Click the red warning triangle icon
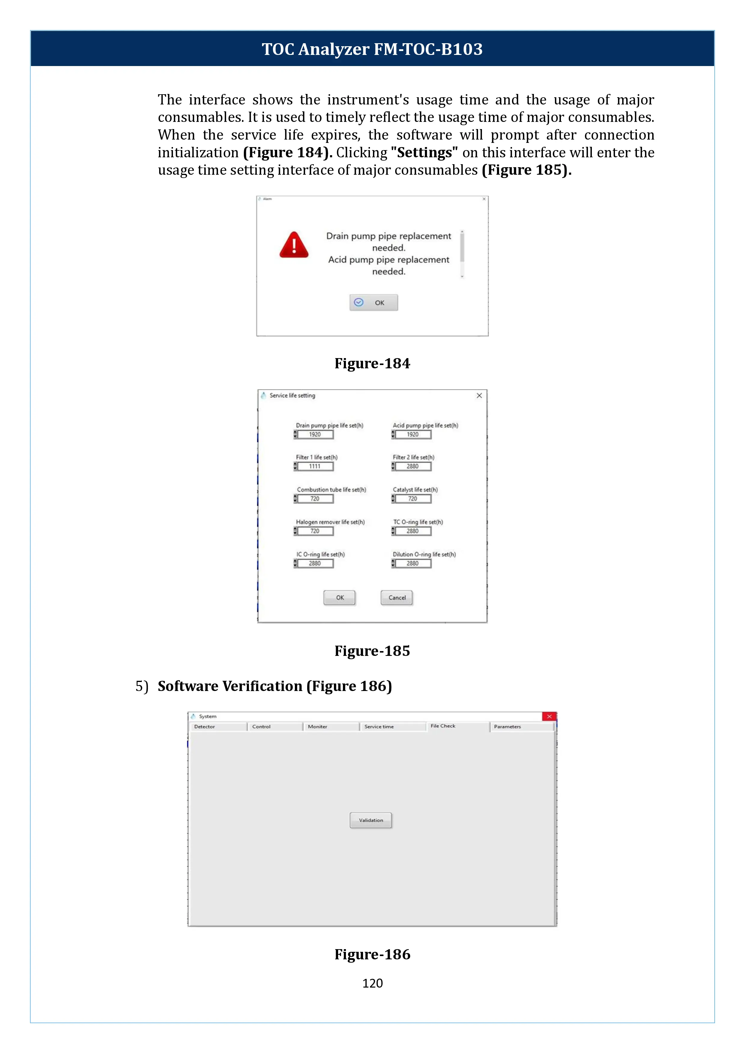pyautogui.click(x=294, y=245)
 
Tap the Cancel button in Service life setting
pyautogui.click(x=397, y=598)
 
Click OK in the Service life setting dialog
pyautogui.click(x=340, y=598)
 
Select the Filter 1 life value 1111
pyautogui.click(x=315, y=466)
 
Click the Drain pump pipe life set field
pyautogui.click(x=315, y=434)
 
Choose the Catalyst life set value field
pyautogui.click(x=413, y=499)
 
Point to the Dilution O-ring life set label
pyautogui.click(x=424, y=554)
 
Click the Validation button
pyautogui.click(x=371, y=820)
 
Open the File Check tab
pyautogui.click(x=443, y=726)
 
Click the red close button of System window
pyautogui.click(x=549, y=717)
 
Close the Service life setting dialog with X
pyautogui.click(x=479, y=395)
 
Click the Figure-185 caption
pyautogui.click(x=372, y=651)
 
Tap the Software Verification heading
pyautogui.click(x=274, y=686)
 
